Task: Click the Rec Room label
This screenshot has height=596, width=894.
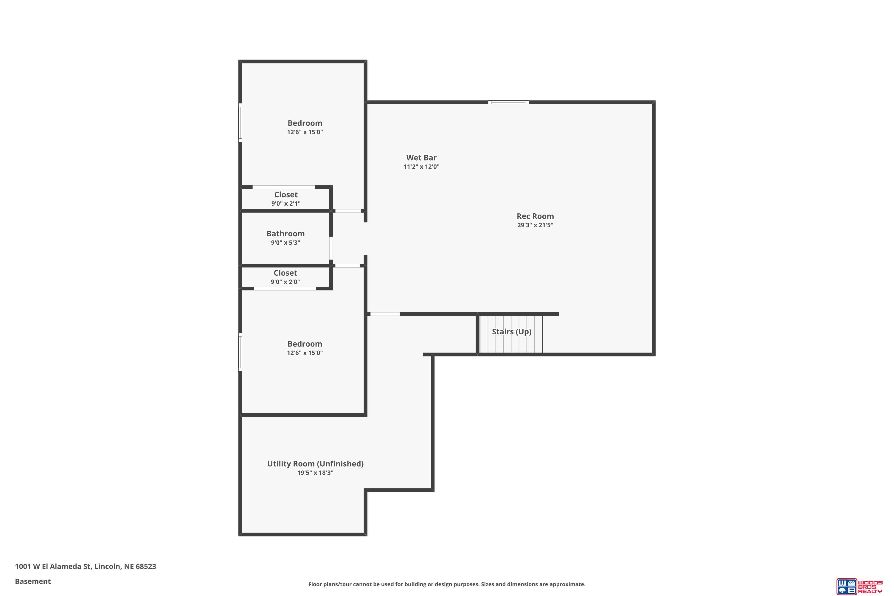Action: point(535,216)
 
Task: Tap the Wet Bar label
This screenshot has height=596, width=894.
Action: point(421,158)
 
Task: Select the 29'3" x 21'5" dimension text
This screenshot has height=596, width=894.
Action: point(535,225)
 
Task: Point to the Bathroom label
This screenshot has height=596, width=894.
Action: point(285,234)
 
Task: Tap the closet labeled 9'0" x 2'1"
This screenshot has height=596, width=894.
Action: point(286,198)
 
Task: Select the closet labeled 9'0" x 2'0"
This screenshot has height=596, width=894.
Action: point(285,277)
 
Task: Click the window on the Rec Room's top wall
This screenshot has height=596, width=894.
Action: point(508,102)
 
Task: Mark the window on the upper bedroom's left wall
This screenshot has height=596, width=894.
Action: point(240,122)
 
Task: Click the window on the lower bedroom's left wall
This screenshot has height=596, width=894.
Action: point(240,352)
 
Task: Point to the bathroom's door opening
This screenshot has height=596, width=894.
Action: point(331,248)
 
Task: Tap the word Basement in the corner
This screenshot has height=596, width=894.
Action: point(33,581)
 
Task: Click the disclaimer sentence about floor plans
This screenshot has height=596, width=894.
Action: point(447,584)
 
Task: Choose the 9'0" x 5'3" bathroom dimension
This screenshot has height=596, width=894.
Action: point(285,243)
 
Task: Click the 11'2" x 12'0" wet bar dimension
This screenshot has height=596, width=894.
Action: point(421,167)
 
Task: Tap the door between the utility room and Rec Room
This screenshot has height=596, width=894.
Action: point(385,314)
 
